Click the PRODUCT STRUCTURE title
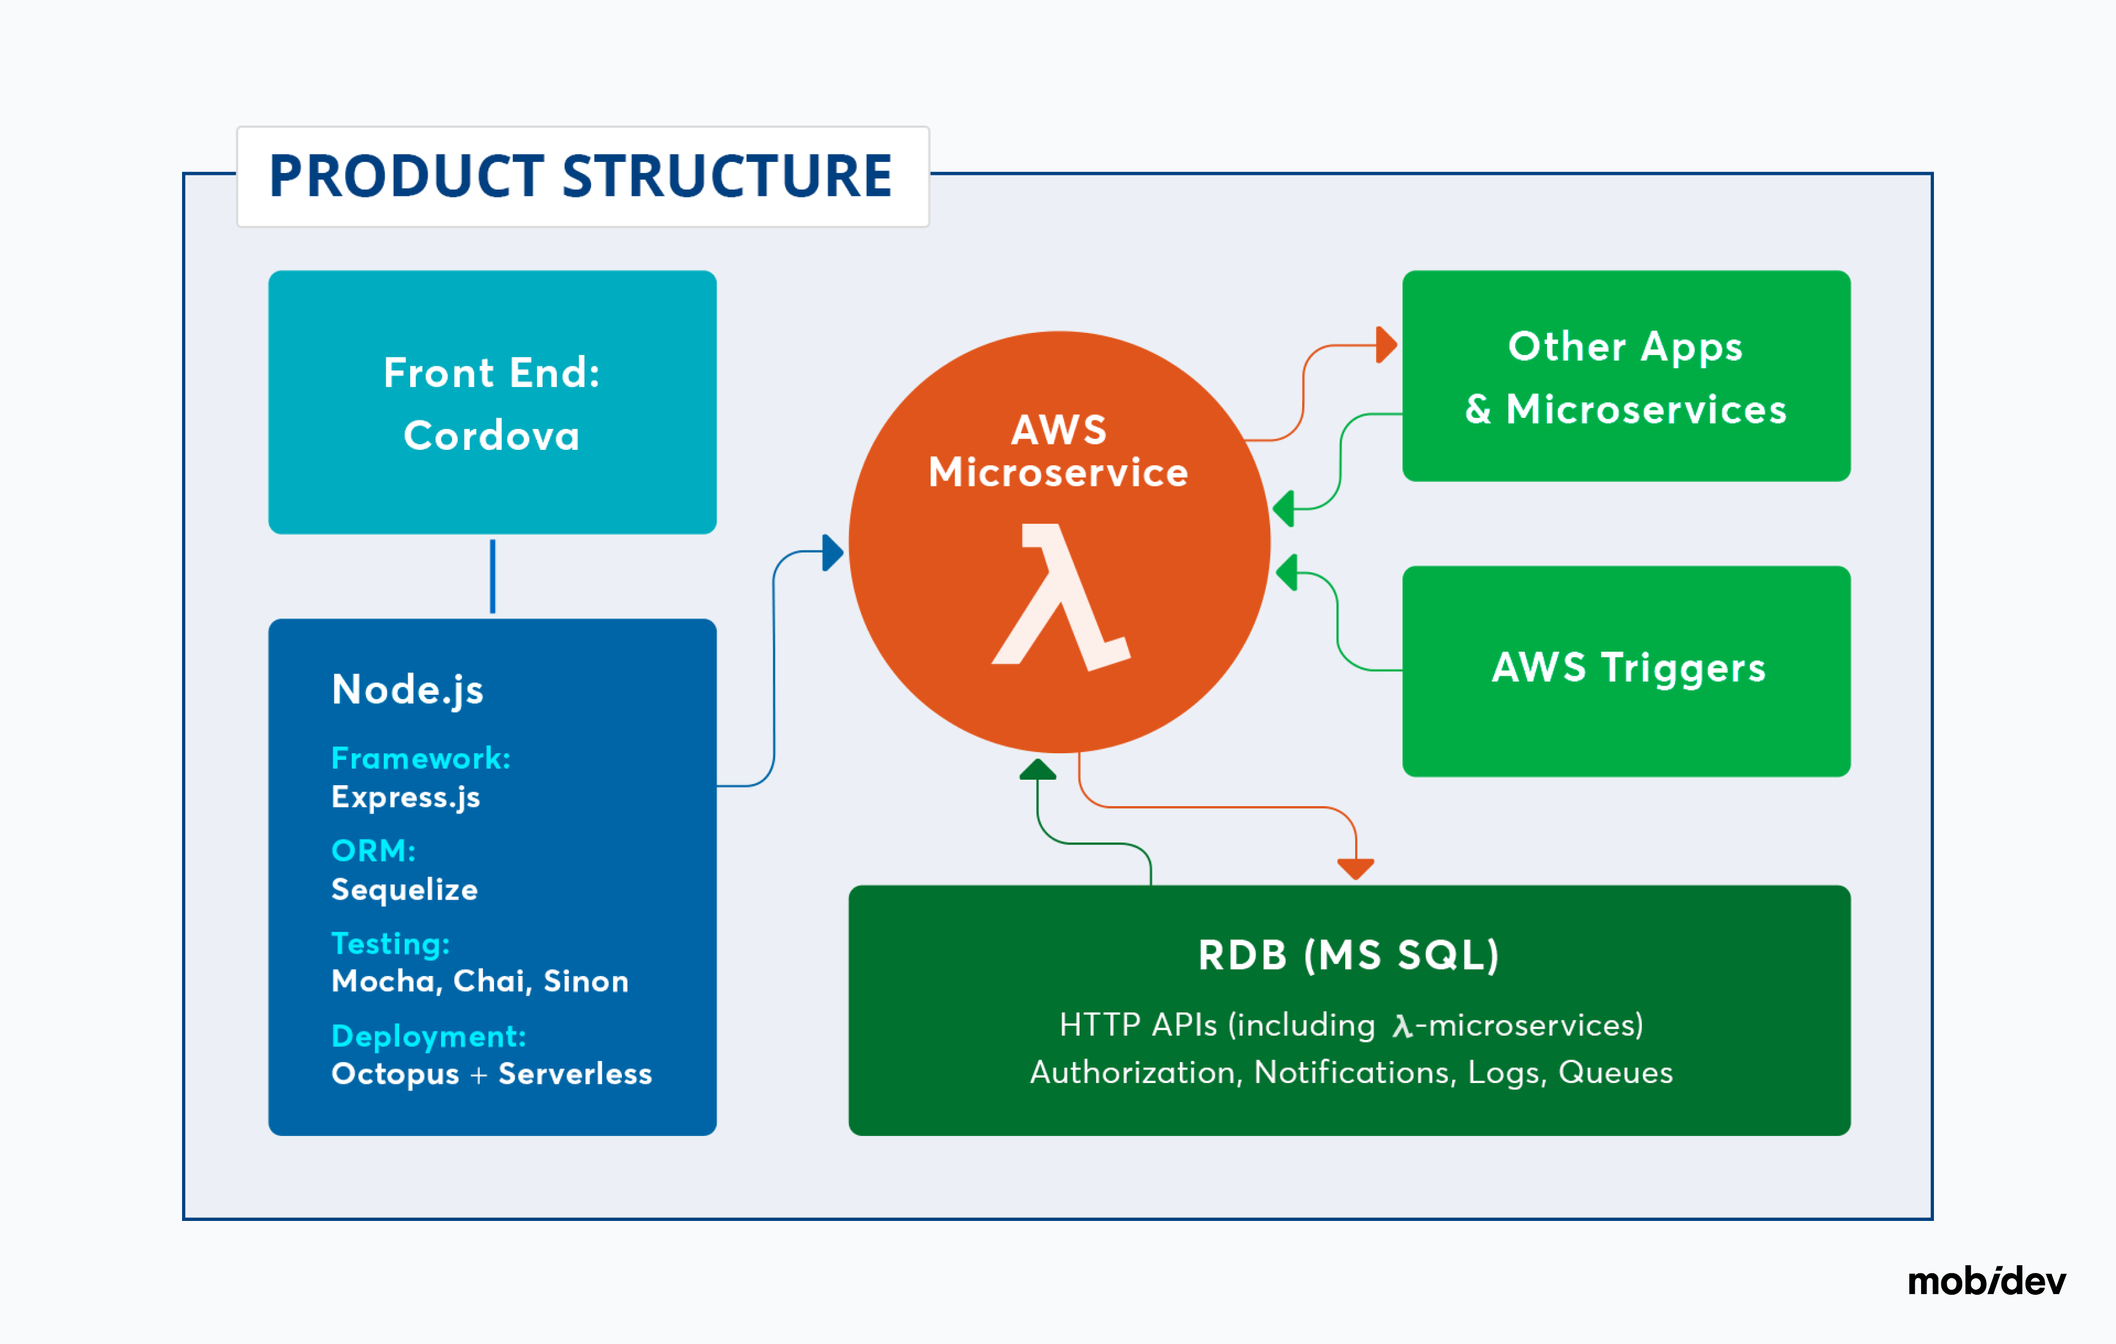(x=581, y=176)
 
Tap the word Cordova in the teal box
(x=492, y=436)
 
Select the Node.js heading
(x=408, y=690)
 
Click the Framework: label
(x=421, y=758)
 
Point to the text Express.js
(x=406, y=798)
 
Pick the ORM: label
(x=373, y=851)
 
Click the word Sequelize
(x=404, y=890)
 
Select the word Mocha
(x=386, y=981)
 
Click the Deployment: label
(x=429, y=1036)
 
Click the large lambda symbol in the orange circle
(x=1060, y=598)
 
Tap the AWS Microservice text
(x=1059, y=451)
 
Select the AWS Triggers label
(x=1628, y=668)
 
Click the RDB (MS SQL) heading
(x=1349, y=956)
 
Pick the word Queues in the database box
(x=1615, y=1073)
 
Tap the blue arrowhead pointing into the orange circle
(x=833, y=553)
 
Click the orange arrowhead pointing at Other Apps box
(x=1386, y=345)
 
